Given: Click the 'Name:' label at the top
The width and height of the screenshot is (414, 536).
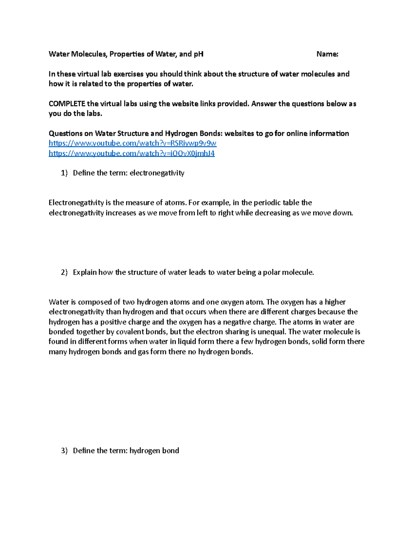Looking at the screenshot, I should [327, 54].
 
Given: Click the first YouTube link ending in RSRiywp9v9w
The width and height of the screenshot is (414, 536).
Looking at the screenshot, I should [132, 143].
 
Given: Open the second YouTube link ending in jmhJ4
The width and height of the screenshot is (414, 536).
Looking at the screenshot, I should [131, 153].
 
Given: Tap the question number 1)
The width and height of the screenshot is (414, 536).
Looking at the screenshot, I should [64, 173].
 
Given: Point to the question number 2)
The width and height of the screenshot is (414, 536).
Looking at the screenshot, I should [64, 272].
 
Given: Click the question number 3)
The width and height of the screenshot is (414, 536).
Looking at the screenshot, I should [64, 451].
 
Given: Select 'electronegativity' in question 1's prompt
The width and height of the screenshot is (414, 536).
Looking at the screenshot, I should [157, 173].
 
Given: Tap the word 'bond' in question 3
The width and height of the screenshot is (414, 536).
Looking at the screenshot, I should [171, 451].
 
